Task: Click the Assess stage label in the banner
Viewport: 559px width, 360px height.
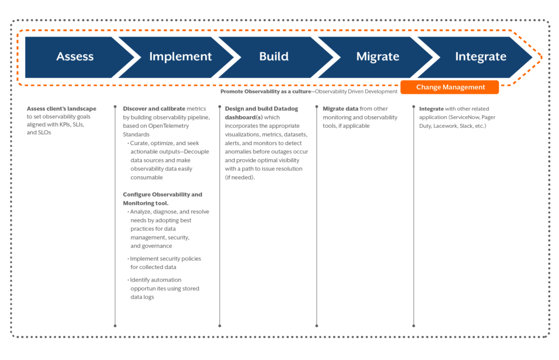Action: click(x=75, y=57)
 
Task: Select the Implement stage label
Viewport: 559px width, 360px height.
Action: click(x=180, y=57)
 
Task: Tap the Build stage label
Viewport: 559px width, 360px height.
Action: click(x=273, y=57)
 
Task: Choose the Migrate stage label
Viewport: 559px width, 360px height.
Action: click(x=377, y=57)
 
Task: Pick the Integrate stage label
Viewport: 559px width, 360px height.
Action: click(x=480, y=57)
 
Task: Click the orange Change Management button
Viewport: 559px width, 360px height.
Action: click(x=450, y=87)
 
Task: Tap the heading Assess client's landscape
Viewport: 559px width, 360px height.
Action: click(x=62, y=109)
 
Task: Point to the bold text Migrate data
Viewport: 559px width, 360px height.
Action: click(x=341, y=109)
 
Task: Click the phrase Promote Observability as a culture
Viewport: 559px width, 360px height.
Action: click(x=265, y=92)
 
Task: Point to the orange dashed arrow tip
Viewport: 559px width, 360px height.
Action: click(x=541, y=57)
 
